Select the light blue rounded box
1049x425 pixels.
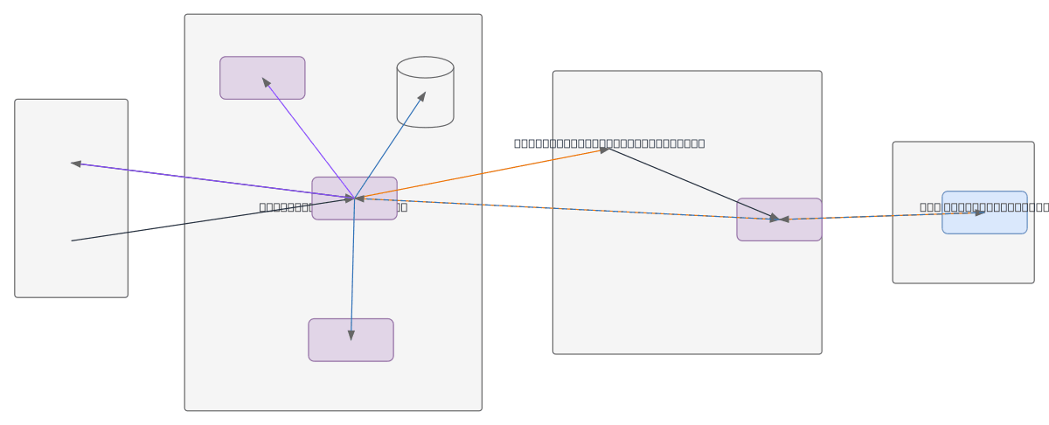click(x=984, y=223)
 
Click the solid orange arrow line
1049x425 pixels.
click(x=481, y=174)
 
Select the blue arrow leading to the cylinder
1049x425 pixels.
click(x=389, y=145)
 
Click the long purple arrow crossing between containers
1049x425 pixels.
click(x=210, y=180)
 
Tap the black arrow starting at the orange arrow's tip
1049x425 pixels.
click(x=691, y=183)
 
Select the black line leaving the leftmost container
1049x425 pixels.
click(x=210, y=220)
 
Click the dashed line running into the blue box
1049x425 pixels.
click(x=883, y=215)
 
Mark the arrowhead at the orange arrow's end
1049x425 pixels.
click(x=604, y=150)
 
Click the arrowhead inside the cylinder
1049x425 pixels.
click(x=421, y=97)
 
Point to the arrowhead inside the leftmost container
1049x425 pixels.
click(x=77, y=164)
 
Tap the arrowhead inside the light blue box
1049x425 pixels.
click(x=979, y=212)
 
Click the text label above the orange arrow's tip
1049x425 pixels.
click(x=609, y=143)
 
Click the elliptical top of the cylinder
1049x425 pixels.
click(x=425, y=67)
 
